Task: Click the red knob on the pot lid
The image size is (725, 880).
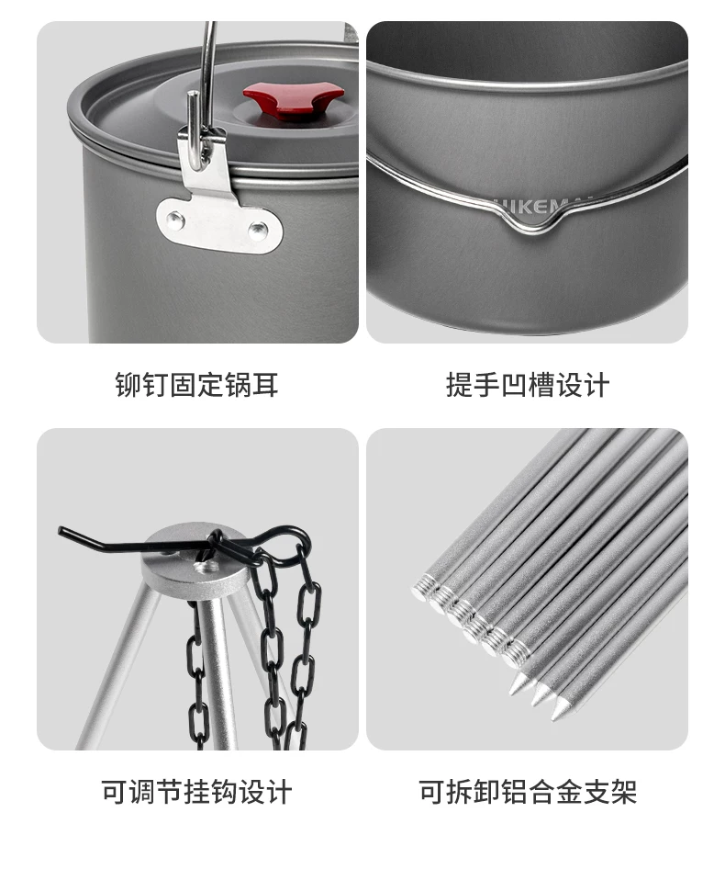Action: click(x=294, y=101)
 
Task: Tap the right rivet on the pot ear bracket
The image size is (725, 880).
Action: click(x=258, y=230)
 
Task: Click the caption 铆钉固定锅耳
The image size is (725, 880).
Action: click(x=196, y=385)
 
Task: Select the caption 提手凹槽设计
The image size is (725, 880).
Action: click(x=528, y=385)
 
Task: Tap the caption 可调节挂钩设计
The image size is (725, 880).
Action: click(x=196, y=792)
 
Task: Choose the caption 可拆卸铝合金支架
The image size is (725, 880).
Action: click(x=528, y=792)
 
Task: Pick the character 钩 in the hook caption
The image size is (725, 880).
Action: click(x=224, y=792)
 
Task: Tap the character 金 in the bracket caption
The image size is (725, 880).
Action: click(x=569, y=792)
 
